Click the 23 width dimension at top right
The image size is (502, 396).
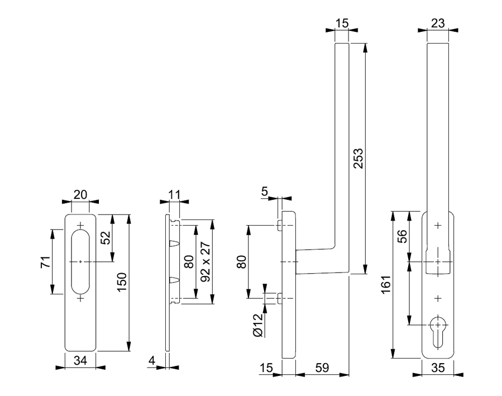coord(438,23)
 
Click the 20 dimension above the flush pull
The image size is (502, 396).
coord(81,194)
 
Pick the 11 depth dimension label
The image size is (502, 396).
coord(174,194)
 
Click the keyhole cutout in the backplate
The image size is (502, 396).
coord(438,328)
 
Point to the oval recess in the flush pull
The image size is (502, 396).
coord(81,261)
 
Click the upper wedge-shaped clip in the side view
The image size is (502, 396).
coord(174,244)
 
